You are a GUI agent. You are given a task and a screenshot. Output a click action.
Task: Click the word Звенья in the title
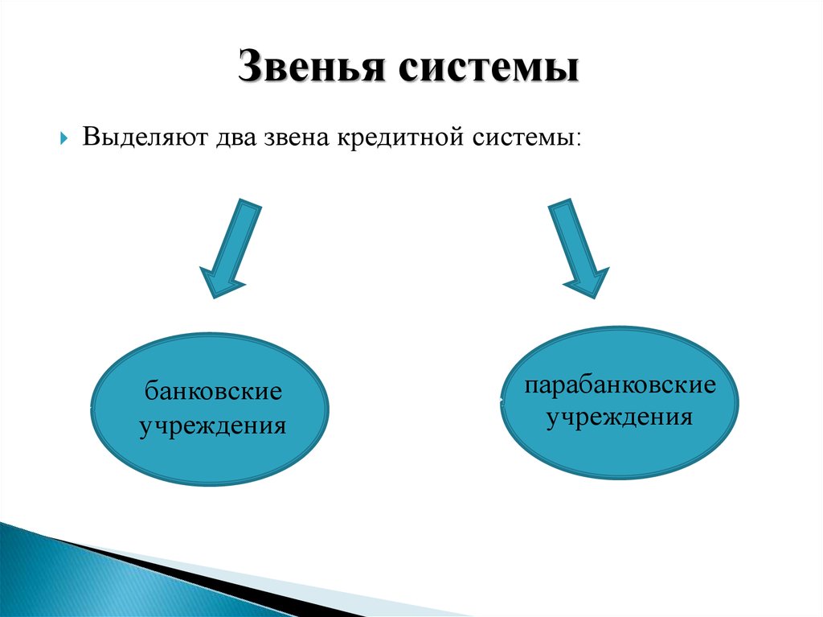(312, 66)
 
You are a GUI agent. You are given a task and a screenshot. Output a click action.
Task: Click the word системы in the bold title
(488, 68)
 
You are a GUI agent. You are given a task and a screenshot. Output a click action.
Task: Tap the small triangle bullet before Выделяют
(64, 138)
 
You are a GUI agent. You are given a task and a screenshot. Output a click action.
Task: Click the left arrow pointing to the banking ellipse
(230, 248)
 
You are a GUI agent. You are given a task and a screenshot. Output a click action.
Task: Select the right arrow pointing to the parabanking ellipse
(579, 248)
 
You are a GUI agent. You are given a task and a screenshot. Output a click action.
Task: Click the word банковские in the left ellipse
(213, 390)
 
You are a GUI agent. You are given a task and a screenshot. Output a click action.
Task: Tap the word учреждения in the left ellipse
(212, 426)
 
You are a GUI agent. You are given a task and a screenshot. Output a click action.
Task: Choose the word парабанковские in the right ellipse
(620, 385)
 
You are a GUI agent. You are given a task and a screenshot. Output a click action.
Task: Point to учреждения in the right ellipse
(620, 418)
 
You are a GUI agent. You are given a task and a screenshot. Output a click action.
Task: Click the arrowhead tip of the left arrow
(213, 298)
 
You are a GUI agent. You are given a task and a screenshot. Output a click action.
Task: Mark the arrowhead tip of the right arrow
(596, 298)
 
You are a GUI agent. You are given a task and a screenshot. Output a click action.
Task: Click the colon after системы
(578, 140)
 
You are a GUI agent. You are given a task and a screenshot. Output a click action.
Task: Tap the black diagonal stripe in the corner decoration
(210, 578)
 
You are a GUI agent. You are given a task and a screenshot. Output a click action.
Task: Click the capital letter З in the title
(251, 66)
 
